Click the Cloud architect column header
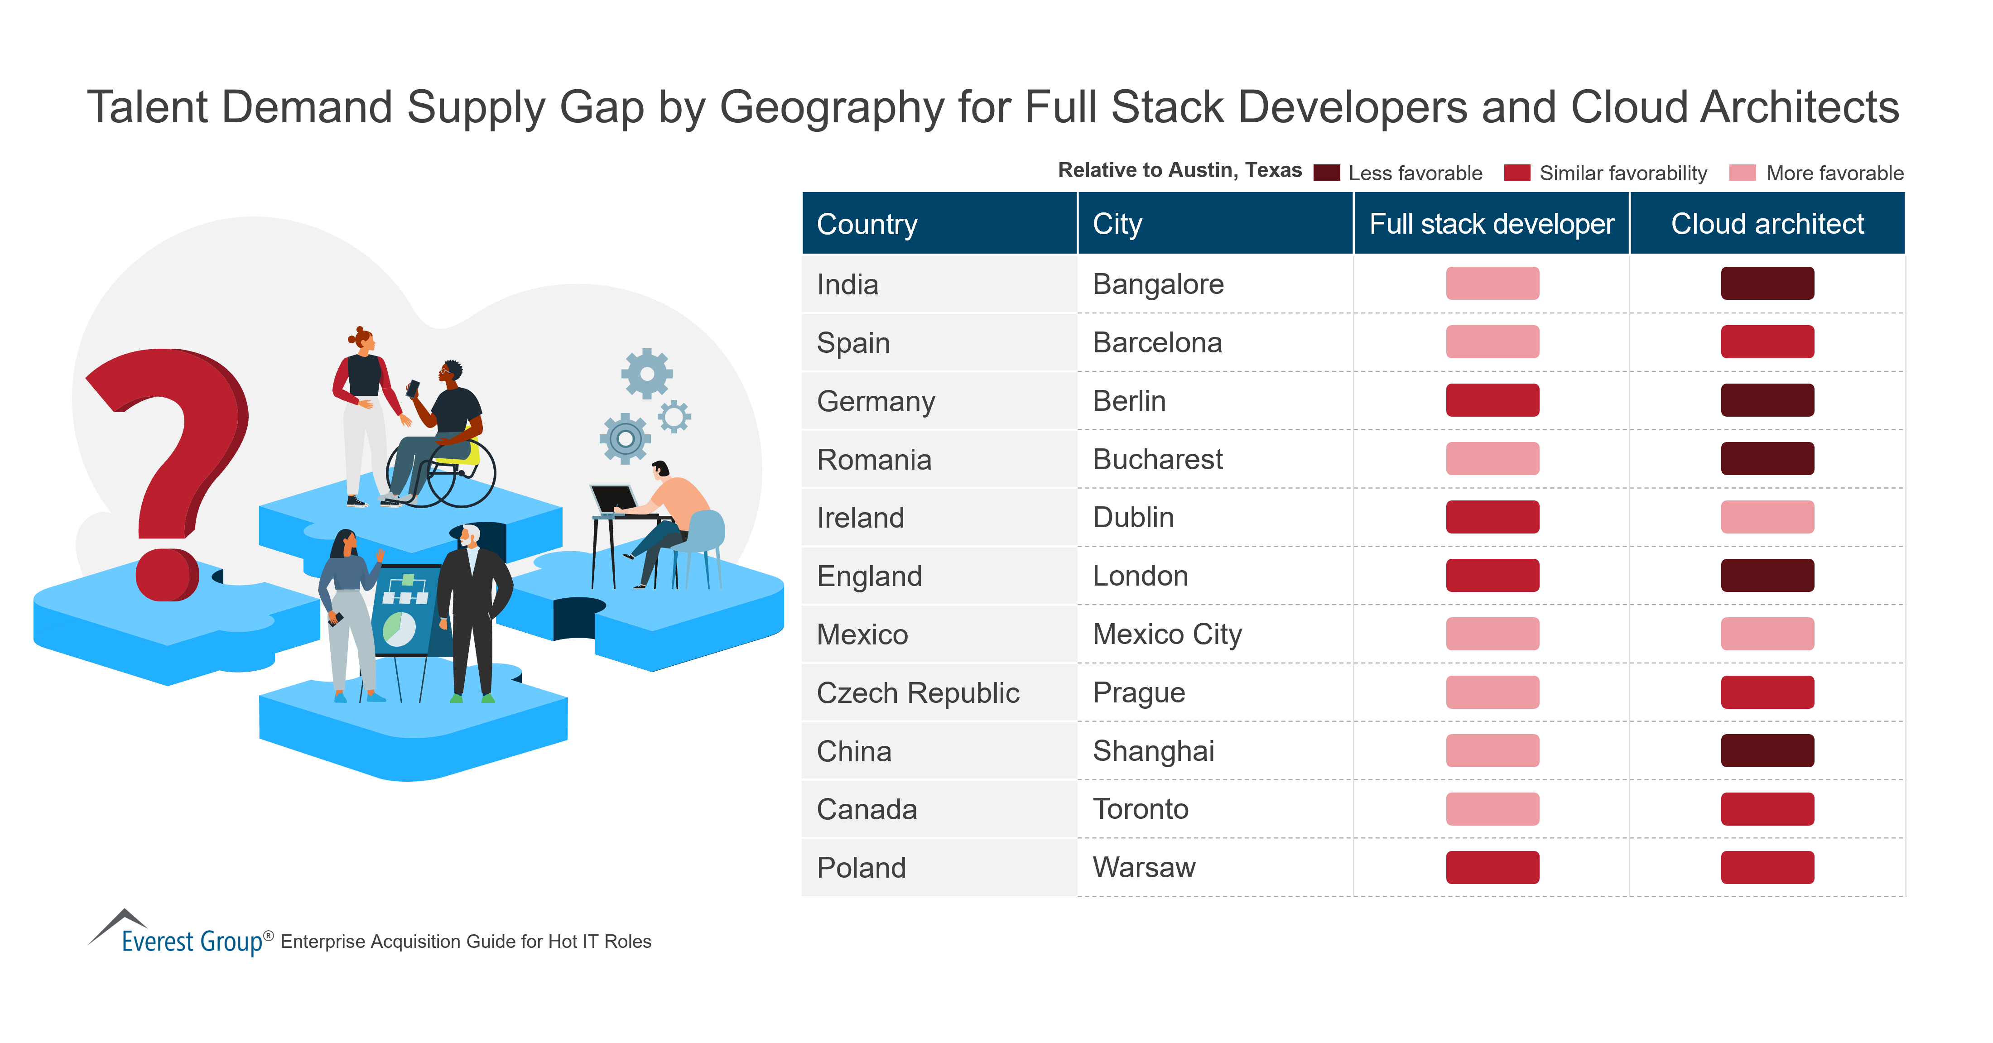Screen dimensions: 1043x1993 click(x=1767, y=224)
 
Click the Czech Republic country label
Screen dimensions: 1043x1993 click(x=918, y=692)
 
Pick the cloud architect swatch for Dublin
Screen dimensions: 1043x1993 click(x=1767, y=517)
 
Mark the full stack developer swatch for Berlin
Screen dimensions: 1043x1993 click(x=1492, y=400)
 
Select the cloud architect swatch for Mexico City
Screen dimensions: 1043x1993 click(x=1767, y=634)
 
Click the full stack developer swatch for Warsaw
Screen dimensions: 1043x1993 click(x=1492, y=867)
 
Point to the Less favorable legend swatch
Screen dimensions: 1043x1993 click(x=1326, y=173)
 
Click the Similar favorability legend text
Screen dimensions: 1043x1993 click(x=1622, y=173)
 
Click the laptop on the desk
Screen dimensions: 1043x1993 click(x=614, y=499)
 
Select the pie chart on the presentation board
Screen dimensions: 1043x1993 click(x=399, y=628)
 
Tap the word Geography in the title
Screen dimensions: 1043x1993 click(x=832, y=107)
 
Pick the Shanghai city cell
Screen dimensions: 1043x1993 click(x=1153, y=750)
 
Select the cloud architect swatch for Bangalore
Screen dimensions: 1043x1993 click(x=1767, y=283)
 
